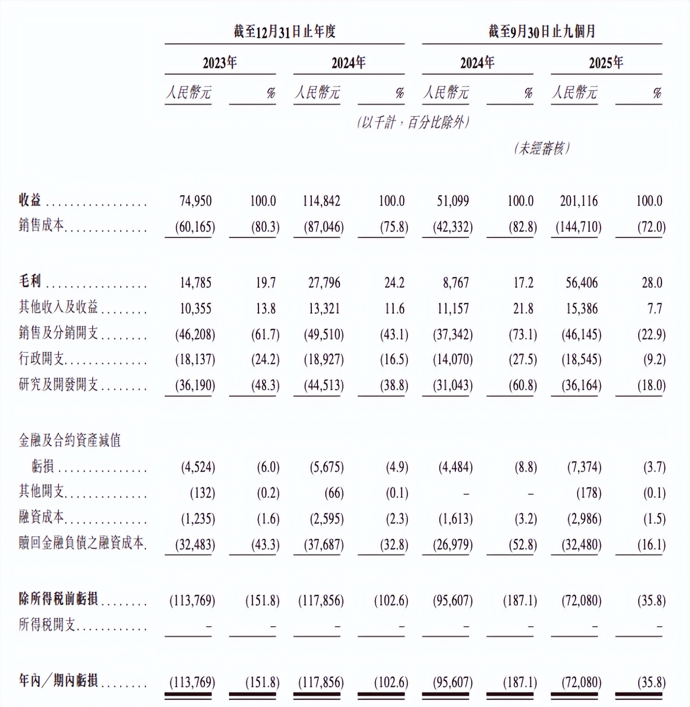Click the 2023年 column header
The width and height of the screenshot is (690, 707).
point(220,63)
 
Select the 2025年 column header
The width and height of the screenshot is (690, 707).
point(606,63)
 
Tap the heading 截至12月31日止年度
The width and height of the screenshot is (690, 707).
point(284,32)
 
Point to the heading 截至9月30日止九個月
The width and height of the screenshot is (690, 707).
point(542,32)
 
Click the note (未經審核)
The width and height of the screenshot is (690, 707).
point(542,149)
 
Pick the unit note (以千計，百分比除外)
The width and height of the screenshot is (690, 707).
point(413,123)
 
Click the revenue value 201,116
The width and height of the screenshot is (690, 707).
point(579,201)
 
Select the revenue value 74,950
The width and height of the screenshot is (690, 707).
point(196,201)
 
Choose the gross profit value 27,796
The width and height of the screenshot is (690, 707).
point(324,283)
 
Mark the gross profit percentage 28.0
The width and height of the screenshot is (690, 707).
point(652,283)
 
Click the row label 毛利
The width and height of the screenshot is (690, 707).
point(30,281)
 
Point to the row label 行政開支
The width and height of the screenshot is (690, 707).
point(41,359)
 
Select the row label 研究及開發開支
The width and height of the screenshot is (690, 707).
point(58,385)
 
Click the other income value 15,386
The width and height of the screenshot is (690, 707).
point(582,308)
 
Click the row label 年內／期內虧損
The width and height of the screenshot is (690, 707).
point(58,681)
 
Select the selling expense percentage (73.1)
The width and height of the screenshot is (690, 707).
point(523,334)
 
